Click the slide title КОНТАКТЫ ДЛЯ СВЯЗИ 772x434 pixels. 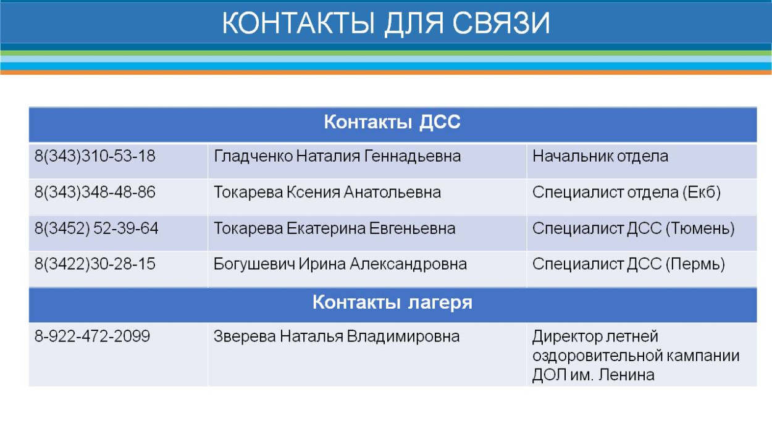385,23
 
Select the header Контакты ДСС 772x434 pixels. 392,123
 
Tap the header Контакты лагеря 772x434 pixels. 392,303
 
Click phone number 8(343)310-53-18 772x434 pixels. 94,157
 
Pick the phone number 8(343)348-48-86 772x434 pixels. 94,193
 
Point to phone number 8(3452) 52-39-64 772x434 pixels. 96,229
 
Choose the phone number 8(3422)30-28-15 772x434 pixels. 94,265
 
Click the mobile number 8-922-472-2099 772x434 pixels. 92,337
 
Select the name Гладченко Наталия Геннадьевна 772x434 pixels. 337,157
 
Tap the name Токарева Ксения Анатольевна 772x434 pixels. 327,193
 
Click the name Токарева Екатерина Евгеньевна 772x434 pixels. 334,229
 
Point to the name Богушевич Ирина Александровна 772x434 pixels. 340,265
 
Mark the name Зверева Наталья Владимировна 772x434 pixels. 336,337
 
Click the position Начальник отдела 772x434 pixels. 600,157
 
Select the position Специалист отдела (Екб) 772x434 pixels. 627,193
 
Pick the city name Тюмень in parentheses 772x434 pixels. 700,229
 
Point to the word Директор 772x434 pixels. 561,337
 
